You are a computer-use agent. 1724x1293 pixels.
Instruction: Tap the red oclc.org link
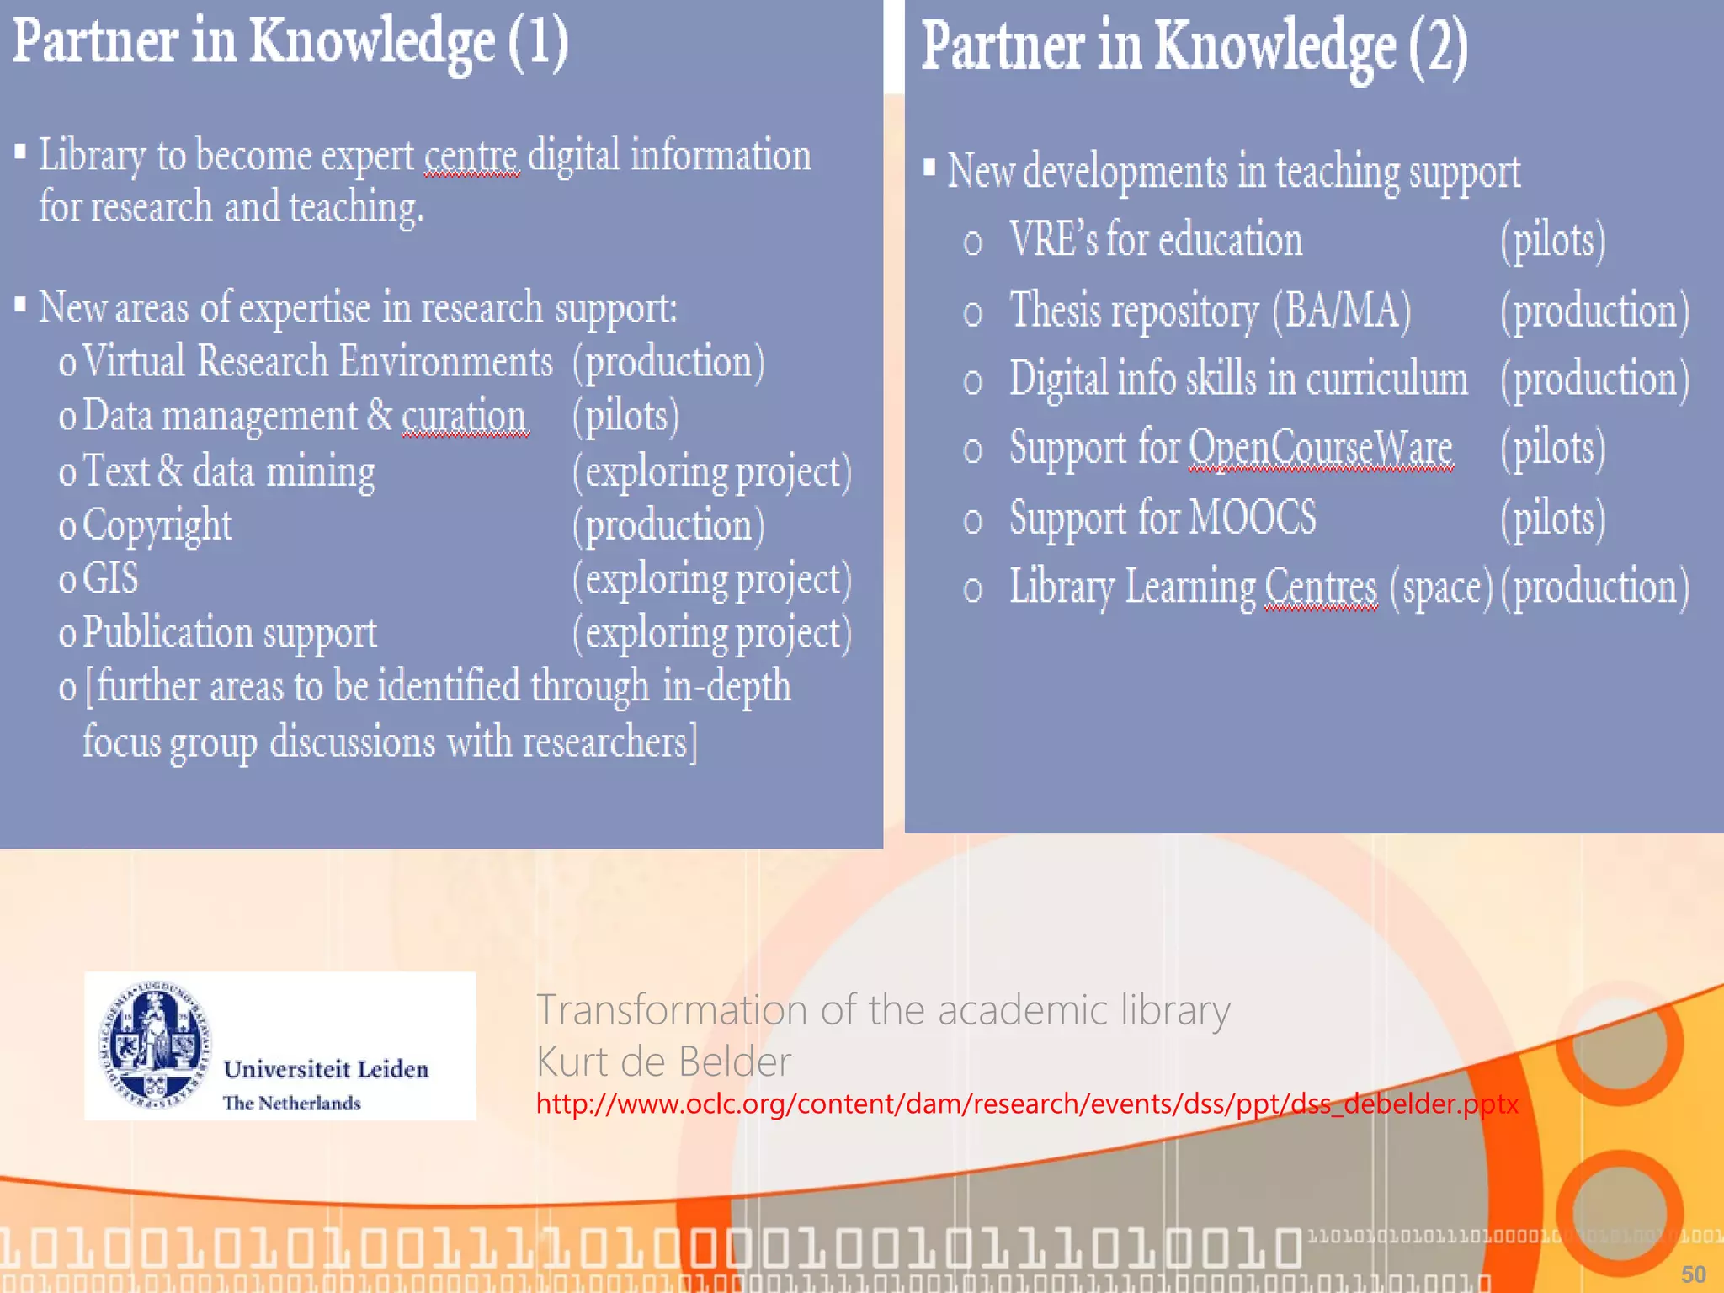point(1027,1104)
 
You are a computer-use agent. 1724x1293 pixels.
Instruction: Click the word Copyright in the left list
point(157,526)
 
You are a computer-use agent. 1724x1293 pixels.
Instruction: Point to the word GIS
point(110,579)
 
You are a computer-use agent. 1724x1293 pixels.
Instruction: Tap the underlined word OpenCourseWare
point(1320,447)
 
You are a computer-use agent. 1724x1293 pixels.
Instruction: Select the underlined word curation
point(464,416)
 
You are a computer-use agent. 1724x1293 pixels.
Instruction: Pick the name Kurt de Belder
point(663,1062)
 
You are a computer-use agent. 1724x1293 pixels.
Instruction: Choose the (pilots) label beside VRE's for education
point(1552,241)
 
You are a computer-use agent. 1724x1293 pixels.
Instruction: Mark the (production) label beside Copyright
point(668,526)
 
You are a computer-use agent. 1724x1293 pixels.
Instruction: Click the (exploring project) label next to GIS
point(711,580)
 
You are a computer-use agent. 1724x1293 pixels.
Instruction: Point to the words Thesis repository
point(1133,311)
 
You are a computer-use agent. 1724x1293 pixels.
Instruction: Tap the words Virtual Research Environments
point(317,362)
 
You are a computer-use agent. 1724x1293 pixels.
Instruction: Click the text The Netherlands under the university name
point(291,1103)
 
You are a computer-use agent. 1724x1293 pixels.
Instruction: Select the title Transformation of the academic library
point(883,1009)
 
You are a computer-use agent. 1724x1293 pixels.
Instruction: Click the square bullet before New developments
point(929,168)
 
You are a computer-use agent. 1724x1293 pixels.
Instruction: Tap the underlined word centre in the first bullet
point(471,156)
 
